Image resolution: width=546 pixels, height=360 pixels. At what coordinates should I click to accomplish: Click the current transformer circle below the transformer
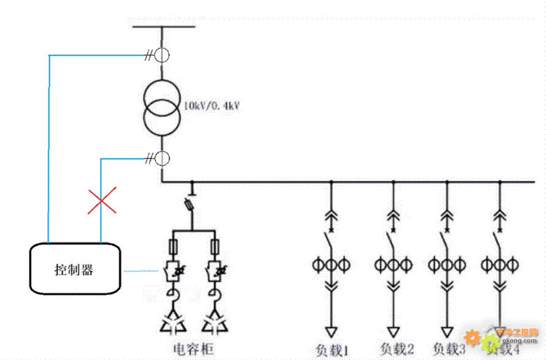pos(162,159)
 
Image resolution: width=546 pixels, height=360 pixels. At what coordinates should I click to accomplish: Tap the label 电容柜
pos(194,349)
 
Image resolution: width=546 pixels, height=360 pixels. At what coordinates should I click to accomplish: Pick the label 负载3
pos(450,350)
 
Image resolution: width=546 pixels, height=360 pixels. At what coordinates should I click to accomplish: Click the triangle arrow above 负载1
pos(331,332)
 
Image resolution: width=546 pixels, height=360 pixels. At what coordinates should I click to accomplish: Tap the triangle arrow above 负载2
pos(393,332)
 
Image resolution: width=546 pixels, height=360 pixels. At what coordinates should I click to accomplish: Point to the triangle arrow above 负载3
pos(447,332)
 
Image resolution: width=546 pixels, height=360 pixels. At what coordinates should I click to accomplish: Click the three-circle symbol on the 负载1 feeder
pos(331,265)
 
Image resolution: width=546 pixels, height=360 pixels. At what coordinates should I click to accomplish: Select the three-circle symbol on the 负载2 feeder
pos(393,265)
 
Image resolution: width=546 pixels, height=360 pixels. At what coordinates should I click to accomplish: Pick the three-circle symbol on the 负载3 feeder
pos(447,265)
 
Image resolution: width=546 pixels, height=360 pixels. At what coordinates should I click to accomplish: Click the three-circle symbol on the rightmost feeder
pos(499,265)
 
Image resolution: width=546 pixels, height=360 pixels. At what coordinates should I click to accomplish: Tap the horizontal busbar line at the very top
pos(164,26)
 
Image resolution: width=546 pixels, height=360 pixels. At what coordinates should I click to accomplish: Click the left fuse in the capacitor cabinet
pos(173,247)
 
